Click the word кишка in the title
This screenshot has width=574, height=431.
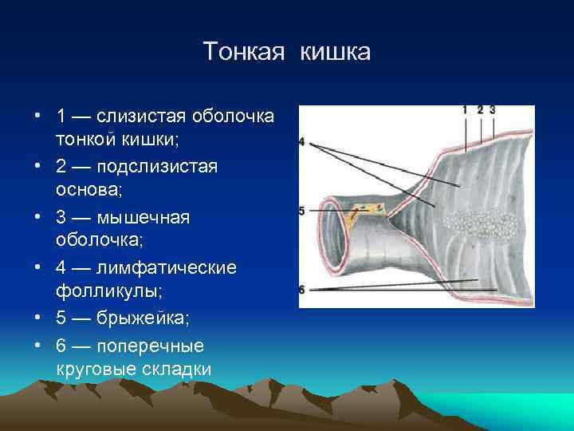[336, 52]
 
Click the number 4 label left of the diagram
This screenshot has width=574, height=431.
[301, 141]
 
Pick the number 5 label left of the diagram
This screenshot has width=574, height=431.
[301, 211]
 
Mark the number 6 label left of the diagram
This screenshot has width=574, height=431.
[301, 289]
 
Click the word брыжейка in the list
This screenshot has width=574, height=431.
[143, 318]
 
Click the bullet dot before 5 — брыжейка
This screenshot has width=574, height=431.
[38, 318]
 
